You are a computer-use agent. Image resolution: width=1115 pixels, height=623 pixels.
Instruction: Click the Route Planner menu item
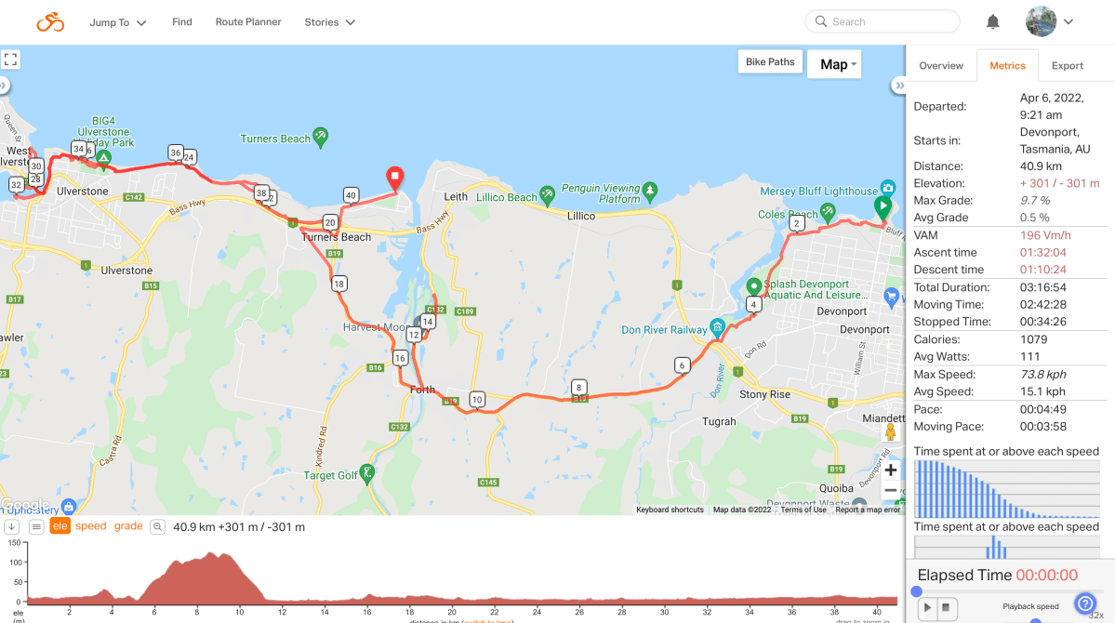(248, 22)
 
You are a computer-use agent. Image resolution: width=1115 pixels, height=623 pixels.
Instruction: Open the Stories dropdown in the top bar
(329, 22)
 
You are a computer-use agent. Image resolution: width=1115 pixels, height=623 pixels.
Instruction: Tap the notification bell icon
(993, 22)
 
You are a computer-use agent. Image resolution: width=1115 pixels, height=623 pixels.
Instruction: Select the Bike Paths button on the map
(770, 62)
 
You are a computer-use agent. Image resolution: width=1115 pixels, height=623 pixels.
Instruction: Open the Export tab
(1067, 66)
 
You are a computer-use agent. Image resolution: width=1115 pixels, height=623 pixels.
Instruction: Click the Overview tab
(940, 66)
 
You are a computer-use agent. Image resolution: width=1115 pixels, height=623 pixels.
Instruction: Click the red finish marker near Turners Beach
(394, 177)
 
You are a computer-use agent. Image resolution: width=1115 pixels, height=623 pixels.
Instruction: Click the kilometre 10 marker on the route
(477, 400)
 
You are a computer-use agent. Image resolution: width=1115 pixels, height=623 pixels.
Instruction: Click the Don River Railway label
(664, 329)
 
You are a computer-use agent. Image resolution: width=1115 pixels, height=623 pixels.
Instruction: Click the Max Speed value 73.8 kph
(1042, 375)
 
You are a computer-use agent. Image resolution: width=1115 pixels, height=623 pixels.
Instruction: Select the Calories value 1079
(1033, 339)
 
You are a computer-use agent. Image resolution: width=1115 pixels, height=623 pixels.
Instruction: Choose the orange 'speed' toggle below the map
(90, 526)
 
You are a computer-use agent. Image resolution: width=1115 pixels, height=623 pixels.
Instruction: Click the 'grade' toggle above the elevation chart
(128, 526)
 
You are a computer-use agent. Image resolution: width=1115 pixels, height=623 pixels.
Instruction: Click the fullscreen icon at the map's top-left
(10, 60)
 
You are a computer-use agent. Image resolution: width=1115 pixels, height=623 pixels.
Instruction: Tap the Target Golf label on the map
(330, 476)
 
